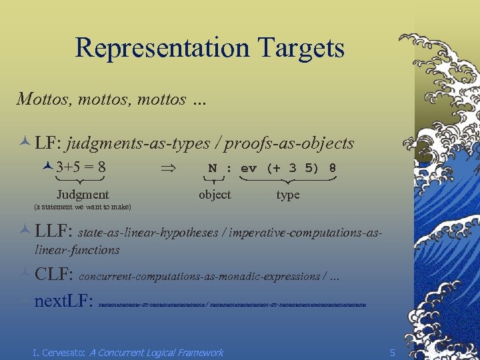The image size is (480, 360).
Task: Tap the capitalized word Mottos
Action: (x=44, y=99)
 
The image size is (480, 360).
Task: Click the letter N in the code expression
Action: (x=213, y=168)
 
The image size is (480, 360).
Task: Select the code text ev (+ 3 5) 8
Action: (x=288, y=168)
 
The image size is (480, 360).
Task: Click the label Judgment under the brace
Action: (x=82, y=195)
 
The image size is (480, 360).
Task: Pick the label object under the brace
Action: (x=215, y=195)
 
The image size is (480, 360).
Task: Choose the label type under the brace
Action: (x=288, y=195)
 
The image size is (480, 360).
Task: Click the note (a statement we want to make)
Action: (x=82, y=207)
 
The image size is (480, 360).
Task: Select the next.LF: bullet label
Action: (x=63, y=301)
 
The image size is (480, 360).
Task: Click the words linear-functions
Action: (x=77, y=250)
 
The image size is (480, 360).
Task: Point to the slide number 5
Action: (x=393, y=352)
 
